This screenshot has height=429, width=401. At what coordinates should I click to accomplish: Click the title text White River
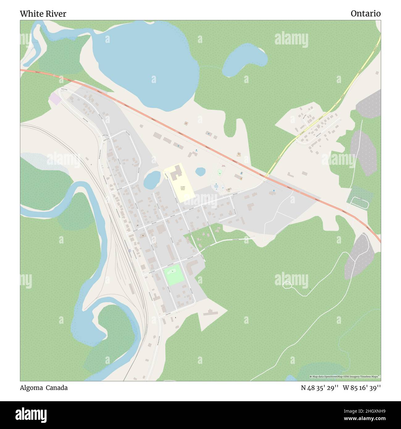coord(43,14)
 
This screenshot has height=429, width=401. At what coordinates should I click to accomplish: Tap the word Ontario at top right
coord(366,14)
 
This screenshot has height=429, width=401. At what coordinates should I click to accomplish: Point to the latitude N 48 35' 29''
coord(320,388)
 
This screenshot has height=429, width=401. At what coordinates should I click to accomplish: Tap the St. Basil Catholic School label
coord(183,188)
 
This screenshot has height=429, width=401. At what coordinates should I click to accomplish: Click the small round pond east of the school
coord(200,171)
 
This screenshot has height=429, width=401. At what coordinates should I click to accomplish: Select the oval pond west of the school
coord(152,180)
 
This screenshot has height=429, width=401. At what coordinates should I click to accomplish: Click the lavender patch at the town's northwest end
coord(55,99)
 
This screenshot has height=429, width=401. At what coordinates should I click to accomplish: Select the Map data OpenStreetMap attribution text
coord(345,377)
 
